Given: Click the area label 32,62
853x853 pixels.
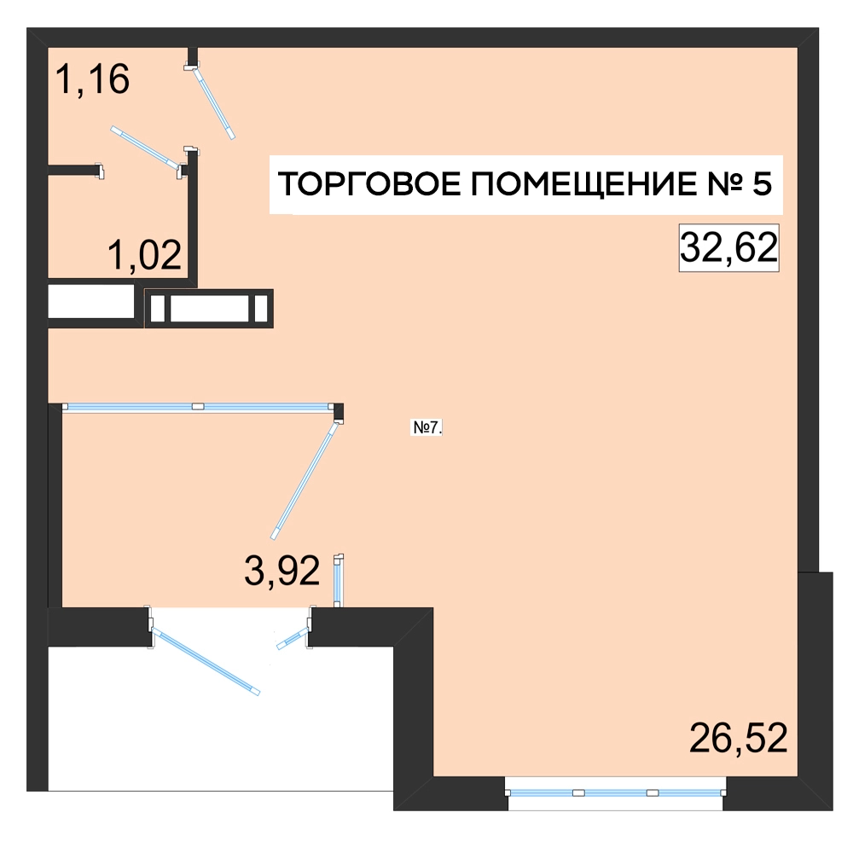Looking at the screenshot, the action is click(x=728, y=247).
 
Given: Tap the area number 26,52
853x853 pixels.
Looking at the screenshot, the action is click(x=738, y=738).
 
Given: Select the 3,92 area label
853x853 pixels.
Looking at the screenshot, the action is click(x=281, y=572).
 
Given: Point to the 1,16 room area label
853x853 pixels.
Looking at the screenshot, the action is click(x=92, y=79).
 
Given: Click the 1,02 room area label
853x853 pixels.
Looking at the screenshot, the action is click(x=144, y=254).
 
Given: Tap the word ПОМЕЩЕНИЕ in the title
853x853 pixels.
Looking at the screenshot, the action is click(x=583, y=184).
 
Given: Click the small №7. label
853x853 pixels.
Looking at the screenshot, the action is click(x=427, y=427).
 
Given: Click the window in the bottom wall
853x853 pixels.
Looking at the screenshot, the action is click(x=615, y=792).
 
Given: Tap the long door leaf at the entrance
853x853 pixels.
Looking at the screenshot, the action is click(x=205, y=660).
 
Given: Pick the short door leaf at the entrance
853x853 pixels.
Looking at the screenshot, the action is click(x=293, y=638).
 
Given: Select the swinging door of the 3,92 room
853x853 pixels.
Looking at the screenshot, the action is click(x=305, y=480).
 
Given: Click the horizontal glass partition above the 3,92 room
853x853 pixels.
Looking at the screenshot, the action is click(x=198, y=406).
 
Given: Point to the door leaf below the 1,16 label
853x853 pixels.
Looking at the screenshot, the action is click(x=145, y=147).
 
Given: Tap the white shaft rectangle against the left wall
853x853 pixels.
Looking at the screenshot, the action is click(x=91, y=301).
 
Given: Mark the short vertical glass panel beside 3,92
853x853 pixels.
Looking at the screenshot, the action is click(x=337, y=580).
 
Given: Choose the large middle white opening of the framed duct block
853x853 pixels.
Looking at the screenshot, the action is click(x=210, y=308).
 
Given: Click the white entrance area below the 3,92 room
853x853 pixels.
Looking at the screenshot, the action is click(x=220, y=718).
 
